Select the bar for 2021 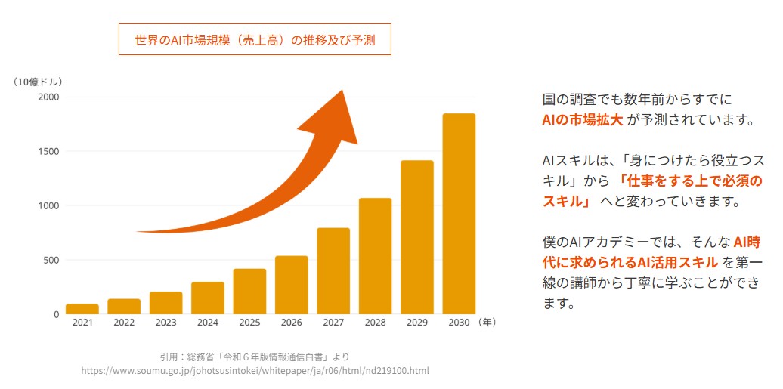pyautogui.click(x=82, y=308)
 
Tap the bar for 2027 pyautogui.click(x=333, y=270)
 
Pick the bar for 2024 pyautogui.click(x=208, y=298)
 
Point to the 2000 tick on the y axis pyautogui.click(x=48, y=97)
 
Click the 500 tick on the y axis pyautogui.click(x=51, y=261)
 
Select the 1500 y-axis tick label pyautogui.click(x=48, y=152)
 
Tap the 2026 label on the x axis pyautogui.click(x=292, y=323)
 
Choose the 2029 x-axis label pyautogui.click(x=417, y=323)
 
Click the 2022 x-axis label pyautogui.click(x=124, y=323)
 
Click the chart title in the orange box pyautogui.click(x=255, y=40)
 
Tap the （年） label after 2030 pyautogui.click(x=488, y=323)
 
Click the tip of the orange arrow pyautogui.click(x=342, y=93)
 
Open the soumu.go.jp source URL pyautogui.click(x=255, y=371)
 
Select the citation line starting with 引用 pyautogui.click(x=255, y=357)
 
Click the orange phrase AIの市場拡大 pyautogui.click(x=582, y=119)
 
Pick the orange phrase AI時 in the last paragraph pyautogui.click(x=747, y=242)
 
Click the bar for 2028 pyautogui.click(x=375, y=256)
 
